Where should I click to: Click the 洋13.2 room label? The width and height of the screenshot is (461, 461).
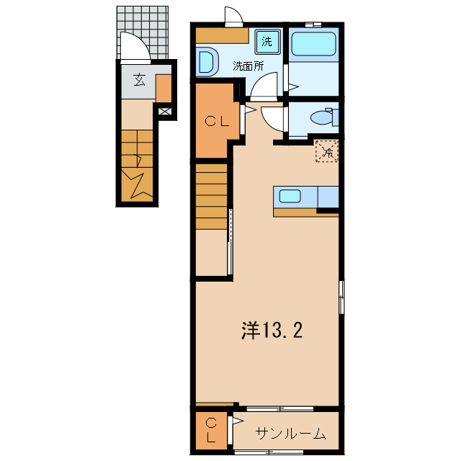pos(271,331)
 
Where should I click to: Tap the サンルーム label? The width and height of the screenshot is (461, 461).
pos(291,434)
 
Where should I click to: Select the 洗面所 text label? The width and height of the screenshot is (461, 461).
pos(248,66)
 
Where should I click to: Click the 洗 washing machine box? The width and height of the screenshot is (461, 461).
pos(267,42)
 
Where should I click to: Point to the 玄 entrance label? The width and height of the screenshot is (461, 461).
pos(139,80)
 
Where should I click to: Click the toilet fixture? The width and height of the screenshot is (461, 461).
pos(321,116)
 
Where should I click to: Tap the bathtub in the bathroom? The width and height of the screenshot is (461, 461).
pos(313,47)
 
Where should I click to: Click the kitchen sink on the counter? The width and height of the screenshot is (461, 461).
pos(291,196)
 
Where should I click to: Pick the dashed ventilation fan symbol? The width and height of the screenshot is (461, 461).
pos(326,151)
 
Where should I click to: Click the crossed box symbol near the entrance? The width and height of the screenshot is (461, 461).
pos(165,112)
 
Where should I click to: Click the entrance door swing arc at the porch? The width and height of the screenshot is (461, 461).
pos(134,49)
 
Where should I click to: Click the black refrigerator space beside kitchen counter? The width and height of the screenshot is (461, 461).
pos(328,210)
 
